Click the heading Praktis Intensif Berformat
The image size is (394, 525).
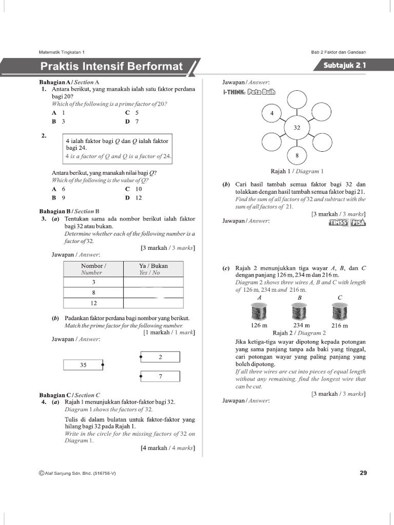pyautogui.click(x=111, y=67)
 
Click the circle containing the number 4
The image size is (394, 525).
pyautogui.click(x=272, y=113)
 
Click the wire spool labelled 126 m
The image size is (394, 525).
pyautogui.click(x=259, y=311)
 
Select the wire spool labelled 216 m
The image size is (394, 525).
pyautogui.click(x=340, y=311)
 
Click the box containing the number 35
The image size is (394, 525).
pyautogui.click(x=83, y=365)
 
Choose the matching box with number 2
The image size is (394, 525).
pyautogui.click(x=160, y=357)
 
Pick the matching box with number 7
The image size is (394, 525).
pyautogui.click(x=160, y=376)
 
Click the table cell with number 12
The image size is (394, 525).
pyautogui.click(x=93, y=303)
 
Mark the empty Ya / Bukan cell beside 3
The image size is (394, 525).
pyautogui.click(x=153, y=282)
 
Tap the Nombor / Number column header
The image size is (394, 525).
pyautogui.click(x=93, y=269)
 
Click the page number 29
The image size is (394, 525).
pyautogui.click(x=363, y=473)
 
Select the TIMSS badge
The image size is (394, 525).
pyautogui.click(x=339, y=223)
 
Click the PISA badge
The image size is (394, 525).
pyautogui.click(x=358, y=223)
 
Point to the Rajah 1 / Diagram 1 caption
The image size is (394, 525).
pyautogui.click(x=297, y=172)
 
